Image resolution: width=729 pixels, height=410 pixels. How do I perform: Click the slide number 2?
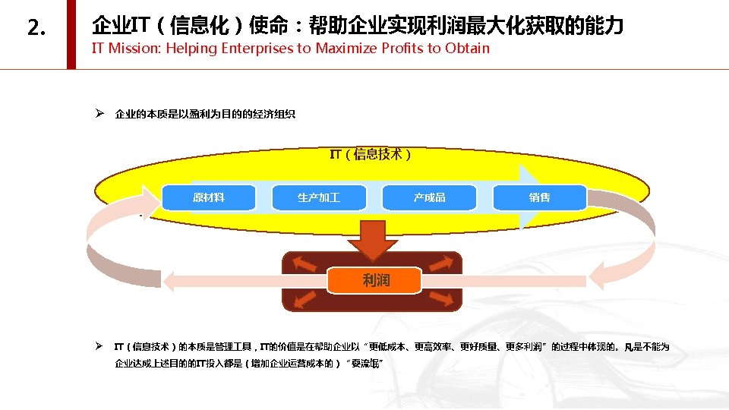point(36,29)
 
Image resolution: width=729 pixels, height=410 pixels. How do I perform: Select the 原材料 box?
point(209,198)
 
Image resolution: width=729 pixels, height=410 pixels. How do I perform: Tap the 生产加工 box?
point(319,198)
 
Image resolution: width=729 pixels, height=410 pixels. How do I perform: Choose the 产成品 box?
point(430,198)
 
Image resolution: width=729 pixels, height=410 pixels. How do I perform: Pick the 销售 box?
point(540,198)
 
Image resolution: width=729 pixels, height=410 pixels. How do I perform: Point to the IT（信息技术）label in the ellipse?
point(371,155)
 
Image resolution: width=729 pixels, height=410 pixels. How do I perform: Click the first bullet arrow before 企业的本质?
point(99,115)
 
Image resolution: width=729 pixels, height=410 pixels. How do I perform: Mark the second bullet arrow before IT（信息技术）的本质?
point(99,346)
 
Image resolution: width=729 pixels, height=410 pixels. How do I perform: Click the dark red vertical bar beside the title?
point(71,34)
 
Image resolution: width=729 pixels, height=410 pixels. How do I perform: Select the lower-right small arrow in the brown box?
point(447,298)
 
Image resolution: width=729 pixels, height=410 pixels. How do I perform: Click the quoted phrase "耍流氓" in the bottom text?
point(366,364)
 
